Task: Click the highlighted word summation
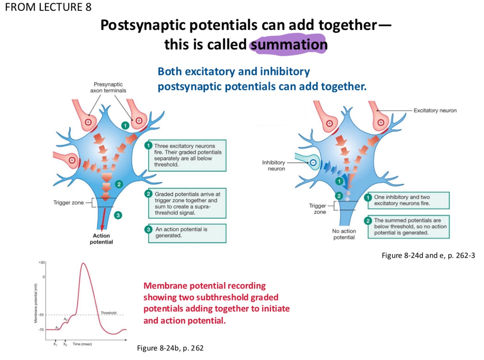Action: tap(289, 45)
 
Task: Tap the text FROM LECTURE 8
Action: tap(48, 7)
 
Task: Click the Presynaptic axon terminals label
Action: tap(108, 87)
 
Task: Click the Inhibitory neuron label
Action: tap(274, 165)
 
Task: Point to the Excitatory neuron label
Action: tap(435, 111)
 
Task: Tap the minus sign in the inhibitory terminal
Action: tap(313, 163)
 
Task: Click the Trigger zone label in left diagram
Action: tap(69, 203)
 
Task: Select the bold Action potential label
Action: tap(101, 239)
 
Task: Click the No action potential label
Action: tap(344, 234)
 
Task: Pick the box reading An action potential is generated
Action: tap(187, 233)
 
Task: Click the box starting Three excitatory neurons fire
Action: tap(187, 155)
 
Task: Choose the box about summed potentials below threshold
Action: tap(409, 227)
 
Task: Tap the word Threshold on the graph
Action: tap(108, 313)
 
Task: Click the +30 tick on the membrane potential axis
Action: tap(42, 262)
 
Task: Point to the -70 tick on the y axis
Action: tap(41, 330)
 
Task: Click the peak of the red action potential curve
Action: tap(84, 263)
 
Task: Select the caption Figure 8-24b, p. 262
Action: tap(170, 348)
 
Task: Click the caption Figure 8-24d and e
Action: tap(428, 256)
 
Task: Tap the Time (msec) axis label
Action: tap(82, 344)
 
